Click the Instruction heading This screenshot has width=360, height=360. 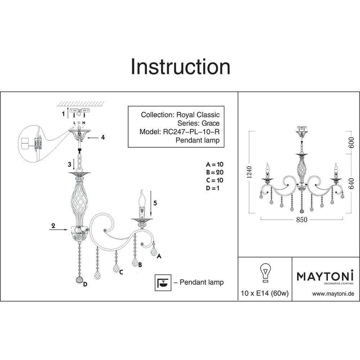pyautogui.click(x=180, y=67)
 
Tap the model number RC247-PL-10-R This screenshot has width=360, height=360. pyautogui.click(x=191, y=132)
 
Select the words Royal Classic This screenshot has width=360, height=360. pyautogui.click(x=198, y=115)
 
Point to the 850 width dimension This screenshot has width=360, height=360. pyautogui.click(x=301, y=220)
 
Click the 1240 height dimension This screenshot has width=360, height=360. pyautogui.click(x=249, y=172)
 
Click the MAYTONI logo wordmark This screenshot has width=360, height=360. pyautogui.click(x=325, y=276)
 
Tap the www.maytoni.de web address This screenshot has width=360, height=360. pyautogui.click(x=333, y=294)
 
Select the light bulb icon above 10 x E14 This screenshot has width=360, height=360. pyautogui.click(x=265, y=273)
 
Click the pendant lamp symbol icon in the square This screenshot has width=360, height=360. pyautogui.click(x=163, y=283)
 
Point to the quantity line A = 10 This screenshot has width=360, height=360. pyautogui.click(x=215, y=165)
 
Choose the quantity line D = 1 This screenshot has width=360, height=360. pyautogui.click(x=213, y=188)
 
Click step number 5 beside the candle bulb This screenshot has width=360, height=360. pyautogui.click(x=155, y=203)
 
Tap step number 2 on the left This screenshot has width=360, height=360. pyautogui.click(x=53, y=226)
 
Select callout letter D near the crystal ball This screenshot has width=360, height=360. pyautogui.click(x=85, y=284)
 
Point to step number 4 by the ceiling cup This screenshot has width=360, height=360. pyautogui.click(x=103, y=137)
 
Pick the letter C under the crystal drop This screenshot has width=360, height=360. pyautogui.click(x=121, y=272)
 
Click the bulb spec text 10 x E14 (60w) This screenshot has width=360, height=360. pyautogui.click(x=265, y=293)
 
